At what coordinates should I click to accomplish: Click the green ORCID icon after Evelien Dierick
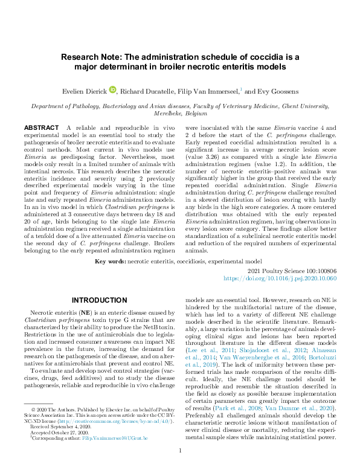click(x=112, y=90)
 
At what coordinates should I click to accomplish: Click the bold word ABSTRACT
click(x=41, y=128)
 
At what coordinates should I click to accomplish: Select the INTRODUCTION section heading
click(x=97, y=300)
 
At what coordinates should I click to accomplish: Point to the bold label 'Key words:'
click(x=110, y=262)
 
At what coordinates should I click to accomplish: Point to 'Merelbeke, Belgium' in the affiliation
click(x=180, y=112)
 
